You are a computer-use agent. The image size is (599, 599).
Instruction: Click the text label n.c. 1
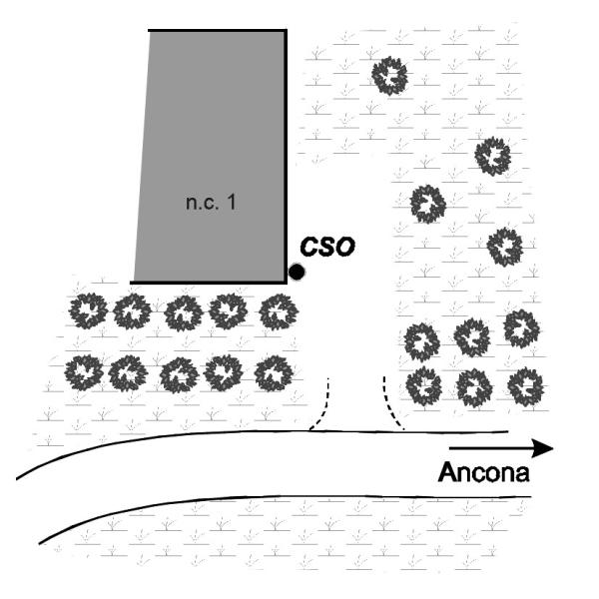click(210, 203)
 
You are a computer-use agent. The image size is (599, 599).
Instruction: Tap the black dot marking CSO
click(297, 271)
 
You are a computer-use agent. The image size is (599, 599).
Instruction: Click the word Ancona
click(482, 472)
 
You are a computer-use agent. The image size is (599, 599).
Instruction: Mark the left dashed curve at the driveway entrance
click(321, 409)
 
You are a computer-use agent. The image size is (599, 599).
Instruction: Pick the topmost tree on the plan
click(389, 74)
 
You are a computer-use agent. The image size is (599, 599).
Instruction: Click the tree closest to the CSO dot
click(277, 311)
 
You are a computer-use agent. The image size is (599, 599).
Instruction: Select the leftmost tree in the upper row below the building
click(88, 311)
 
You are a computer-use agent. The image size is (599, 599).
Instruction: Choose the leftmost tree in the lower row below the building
click(84, 373)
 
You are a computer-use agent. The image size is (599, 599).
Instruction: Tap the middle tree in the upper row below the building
click(183, 312)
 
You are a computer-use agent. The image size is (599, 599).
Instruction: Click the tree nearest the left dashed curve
click(272, 374)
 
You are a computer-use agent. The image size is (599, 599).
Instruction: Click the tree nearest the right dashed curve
click(423, 385)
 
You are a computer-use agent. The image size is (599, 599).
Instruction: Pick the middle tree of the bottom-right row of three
click(473, 386)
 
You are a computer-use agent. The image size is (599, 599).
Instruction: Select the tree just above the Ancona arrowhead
click(524, 384)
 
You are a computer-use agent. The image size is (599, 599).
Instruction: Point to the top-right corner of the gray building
click(287, 31)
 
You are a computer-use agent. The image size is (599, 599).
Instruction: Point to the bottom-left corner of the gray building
click(134, 282)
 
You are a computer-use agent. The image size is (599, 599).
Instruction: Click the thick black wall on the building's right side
click(287, 150)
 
